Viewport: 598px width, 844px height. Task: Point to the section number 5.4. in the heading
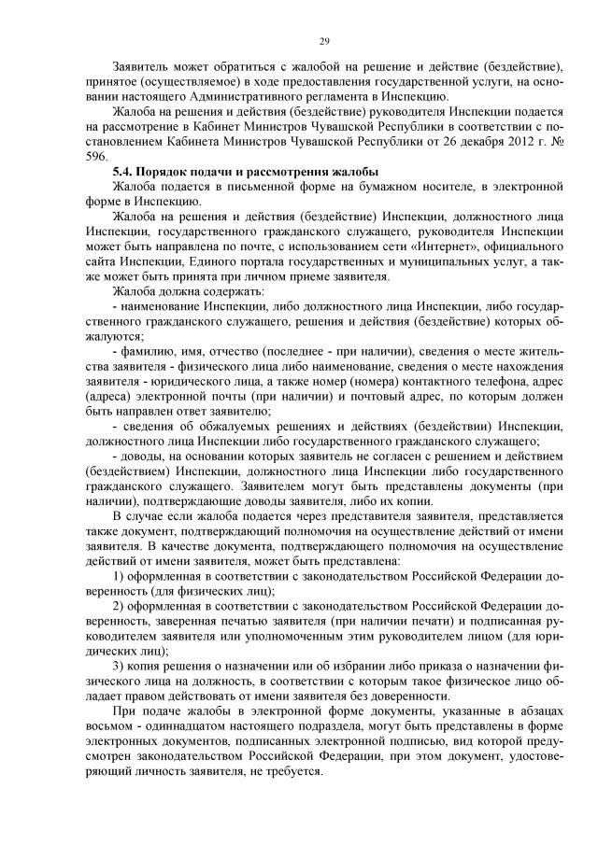coord(123,173)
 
